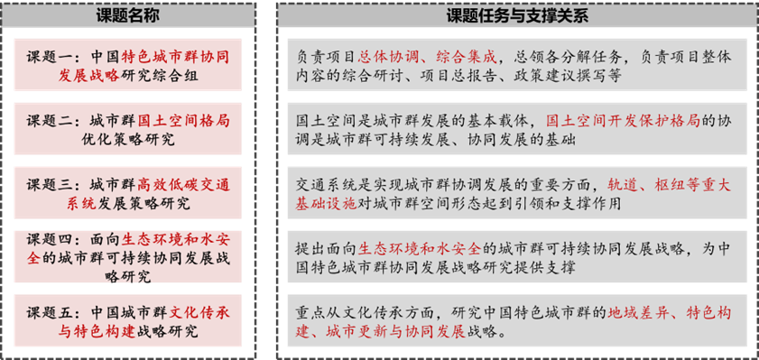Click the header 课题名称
coord(128,16)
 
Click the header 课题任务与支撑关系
coord(517,16)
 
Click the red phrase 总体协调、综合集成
coord(428,57)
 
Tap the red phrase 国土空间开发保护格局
coord(624,121)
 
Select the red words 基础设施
coord(327,204)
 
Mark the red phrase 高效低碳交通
coord(183,185)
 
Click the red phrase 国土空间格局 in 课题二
coord(183,121)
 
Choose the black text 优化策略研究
coord(128,140)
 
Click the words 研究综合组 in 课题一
coord(159,77)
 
